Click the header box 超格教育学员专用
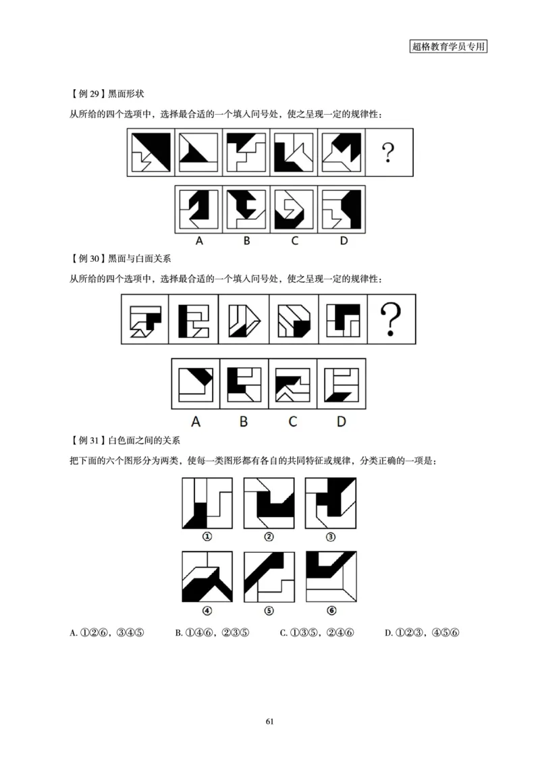(x=448, y=47)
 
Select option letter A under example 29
(x=199, y=241)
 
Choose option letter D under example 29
(x=343, y=241)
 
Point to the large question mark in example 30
(x=390, y=319)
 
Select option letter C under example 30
(x=292, y=421)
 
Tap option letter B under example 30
(x=244, y=421)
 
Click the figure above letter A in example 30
(x=196, y=384)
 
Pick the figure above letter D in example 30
(x=341, y=384)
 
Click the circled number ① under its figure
(x=207, y=537)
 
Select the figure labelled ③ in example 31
(x=331, y=503)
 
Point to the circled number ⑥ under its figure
(x=331, y=610)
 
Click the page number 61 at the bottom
(x=269, y=721)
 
